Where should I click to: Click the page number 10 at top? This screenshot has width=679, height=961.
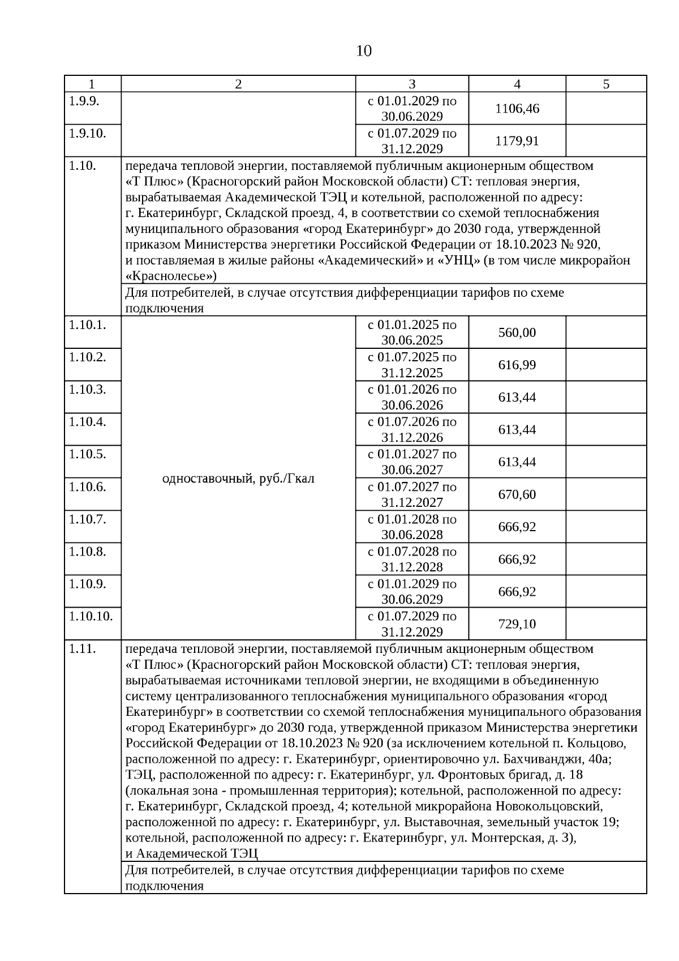coord(364,52)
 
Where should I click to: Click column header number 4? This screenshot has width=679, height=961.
coord(517,84)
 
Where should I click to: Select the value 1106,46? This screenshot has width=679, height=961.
coord(517,108)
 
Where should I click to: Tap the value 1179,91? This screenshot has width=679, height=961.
coord(517,140)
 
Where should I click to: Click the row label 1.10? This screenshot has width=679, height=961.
coord(83,166)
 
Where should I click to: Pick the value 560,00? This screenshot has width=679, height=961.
coord(517,332)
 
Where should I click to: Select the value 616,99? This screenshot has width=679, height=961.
coord(517,365)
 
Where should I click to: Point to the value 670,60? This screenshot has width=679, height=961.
coord(517,494)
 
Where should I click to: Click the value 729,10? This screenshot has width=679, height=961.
coord(517,624)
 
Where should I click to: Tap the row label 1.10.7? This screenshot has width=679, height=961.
coord(87,519)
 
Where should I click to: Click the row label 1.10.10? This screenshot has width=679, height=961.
coord(91,616)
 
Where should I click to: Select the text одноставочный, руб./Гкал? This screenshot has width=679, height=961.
coord(238,479)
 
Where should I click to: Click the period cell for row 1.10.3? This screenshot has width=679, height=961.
coord(412,397)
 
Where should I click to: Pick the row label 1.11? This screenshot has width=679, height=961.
coord(83,649)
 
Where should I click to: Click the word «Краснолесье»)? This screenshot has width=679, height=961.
coord(171,276)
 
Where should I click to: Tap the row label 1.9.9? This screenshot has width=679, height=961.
coord(84,101)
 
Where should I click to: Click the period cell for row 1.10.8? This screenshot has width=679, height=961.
coord(412,559)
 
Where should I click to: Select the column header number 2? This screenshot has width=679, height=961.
coord(238,84)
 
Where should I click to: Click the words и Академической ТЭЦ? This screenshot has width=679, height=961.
coord(191,853)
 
